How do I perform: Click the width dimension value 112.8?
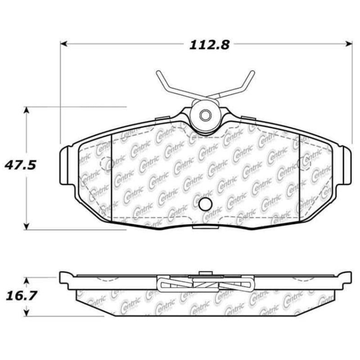tap(205, 45)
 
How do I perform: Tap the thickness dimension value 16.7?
tap(20, 296)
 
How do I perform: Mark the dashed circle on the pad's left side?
tap(107, 165)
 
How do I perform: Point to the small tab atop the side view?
tap(205, 273)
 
